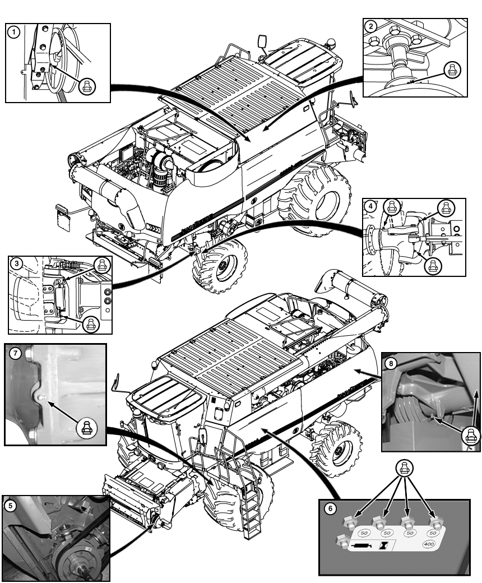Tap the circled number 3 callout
pyautogui.click(x=18, y=262)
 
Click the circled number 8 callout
pyautogui.click(x=392, y=363)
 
